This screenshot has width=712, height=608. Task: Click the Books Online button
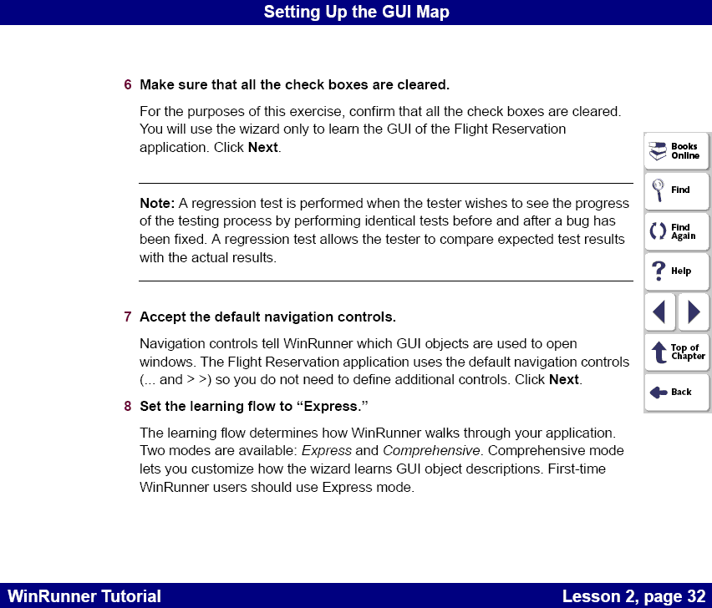pos(676,151)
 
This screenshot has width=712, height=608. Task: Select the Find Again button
pos(676,231)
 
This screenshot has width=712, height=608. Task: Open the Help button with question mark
pos(676,271)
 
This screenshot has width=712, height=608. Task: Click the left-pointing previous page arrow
pos(659,312)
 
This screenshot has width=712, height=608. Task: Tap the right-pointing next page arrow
pos(694,312)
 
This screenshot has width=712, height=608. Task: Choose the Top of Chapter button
pos(676,352)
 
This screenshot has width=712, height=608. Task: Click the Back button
pos(676,392)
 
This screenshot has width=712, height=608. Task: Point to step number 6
pos(128,85)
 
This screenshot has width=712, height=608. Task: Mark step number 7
pos(128,317)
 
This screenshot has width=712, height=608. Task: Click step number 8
pos(128,407)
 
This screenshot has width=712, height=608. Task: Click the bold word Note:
pos(157,203)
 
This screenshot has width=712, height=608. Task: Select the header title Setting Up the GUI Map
pos(356,12)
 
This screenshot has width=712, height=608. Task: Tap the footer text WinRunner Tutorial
pos(84,596)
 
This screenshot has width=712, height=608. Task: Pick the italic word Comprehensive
pos(432,451)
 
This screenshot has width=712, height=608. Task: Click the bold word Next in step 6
pos(262,148)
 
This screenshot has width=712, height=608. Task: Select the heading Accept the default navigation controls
pos(267,317)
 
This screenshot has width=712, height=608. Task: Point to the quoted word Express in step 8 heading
pos(333,407)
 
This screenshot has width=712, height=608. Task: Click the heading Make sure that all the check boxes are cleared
pos(294,85)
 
